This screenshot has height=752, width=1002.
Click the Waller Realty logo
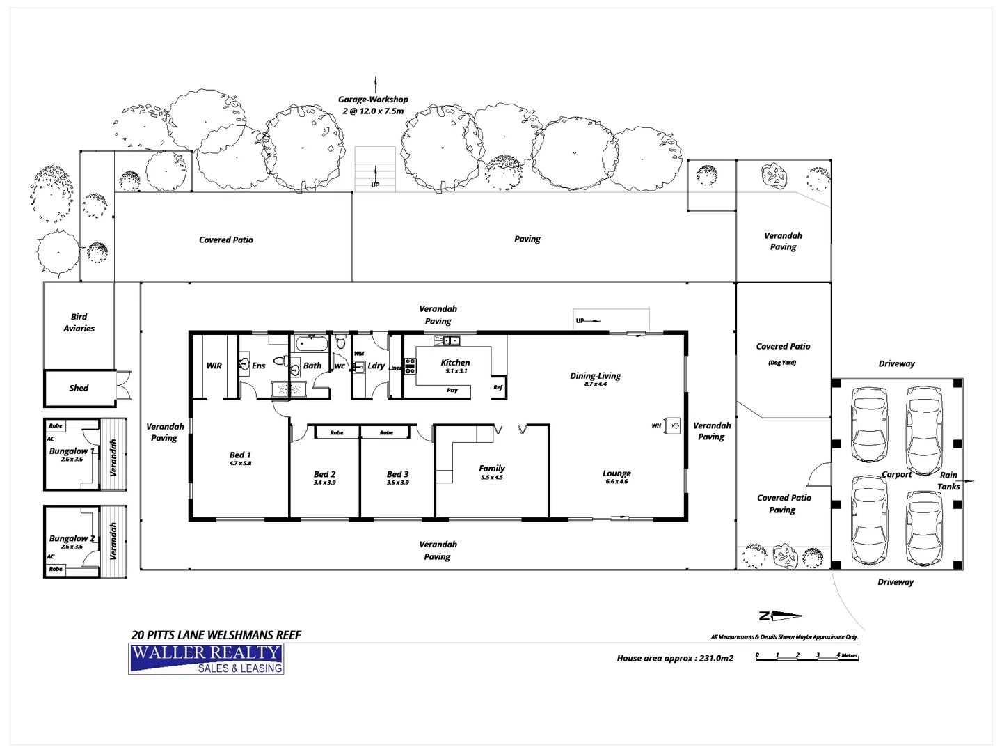[206, 659]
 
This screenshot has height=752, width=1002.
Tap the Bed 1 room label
[240, 455]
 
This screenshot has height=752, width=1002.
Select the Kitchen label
[455, 362]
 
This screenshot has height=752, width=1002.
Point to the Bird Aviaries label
[79, 322]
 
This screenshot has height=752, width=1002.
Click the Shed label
[79, 388]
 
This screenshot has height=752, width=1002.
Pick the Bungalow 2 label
[71, 538]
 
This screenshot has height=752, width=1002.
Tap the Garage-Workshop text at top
[373, 100]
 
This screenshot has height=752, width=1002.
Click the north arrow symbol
[781, 616]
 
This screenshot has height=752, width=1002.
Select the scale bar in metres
[807, 657]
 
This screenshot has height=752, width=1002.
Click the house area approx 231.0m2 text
[674, 658]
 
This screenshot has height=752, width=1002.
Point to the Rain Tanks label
[948, 480]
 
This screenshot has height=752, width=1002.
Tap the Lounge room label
[617, 473]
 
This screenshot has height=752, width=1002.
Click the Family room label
[492, 469]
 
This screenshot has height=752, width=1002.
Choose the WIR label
[214, 366]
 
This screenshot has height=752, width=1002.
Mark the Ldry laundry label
[376, 366]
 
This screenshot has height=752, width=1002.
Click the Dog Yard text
[782, 363]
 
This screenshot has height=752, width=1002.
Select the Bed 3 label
[397, 474]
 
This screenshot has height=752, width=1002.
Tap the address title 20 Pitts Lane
[216, 635]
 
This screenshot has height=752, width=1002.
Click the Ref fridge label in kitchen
[498, 387]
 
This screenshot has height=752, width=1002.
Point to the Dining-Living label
[595, 376]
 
